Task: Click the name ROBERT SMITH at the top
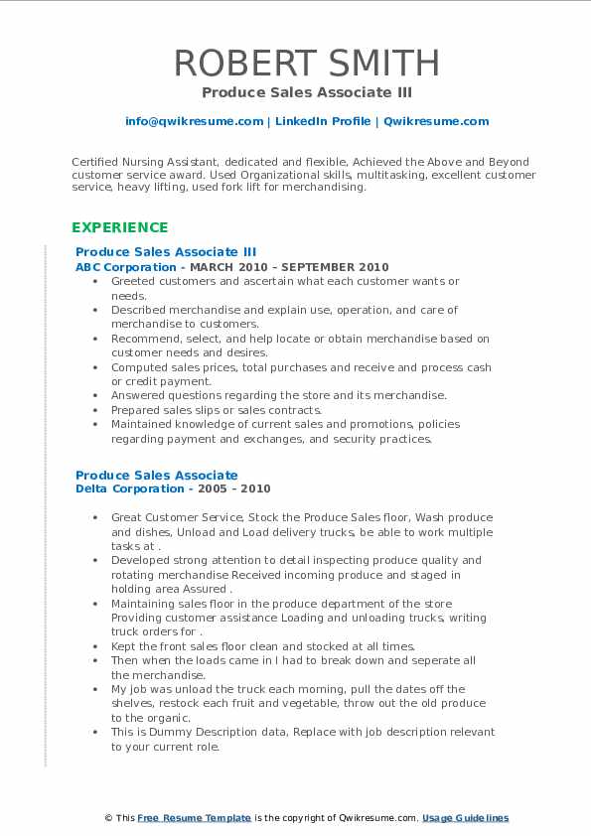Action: pos(307,63)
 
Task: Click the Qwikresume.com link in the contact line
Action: pos(435,121)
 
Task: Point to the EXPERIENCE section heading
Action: pos(119,227)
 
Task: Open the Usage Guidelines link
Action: pos(465,818)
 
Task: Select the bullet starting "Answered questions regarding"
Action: pos(278,395)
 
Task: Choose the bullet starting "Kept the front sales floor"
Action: pos(263,646)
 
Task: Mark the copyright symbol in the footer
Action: pos(108,818)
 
